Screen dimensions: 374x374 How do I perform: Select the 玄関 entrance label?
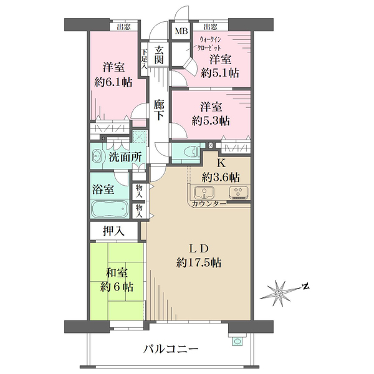[x=160, y=55]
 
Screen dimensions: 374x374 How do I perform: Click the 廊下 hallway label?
[x=160, y=110]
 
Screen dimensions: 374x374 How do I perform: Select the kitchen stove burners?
[x=237, y=192]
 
